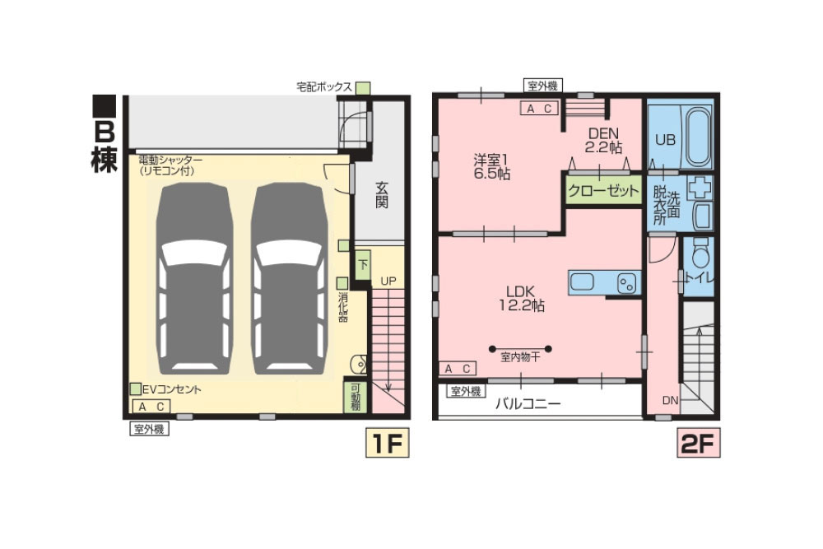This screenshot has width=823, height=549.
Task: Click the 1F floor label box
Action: click(x=388, y=443)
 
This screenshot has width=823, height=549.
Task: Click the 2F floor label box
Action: click(x=699, y=443)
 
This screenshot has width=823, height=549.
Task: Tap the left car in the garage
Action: click(x=195, y=279)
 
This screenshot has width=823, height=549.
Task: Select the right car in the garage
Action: click(x=290, y=279)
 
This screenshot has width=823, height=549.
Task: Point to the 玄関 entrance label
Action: click(x=382, y=195)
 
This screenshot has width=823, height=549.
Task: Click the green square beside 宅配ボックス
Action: click(x=363, y=87)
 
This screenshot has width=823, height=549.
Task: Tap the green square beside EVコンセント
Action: click(x=136, y=389)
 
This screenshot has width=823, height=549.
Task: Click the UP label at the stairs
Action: click(x=388, y=281)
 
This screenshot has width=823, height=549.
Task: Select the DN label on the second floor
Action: click(x=670, y=401)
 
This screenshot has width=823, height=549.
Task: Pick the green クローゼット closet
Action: click(x=603, y=190)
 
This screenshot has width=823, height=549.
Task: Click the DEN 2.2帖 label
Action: click(x=603, y=140)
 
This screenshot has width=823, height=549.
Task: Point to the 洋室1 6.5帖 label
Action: click(x=492, y=166)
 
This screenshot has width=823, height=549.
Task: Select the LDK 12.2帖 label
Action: click(x=521, y=298)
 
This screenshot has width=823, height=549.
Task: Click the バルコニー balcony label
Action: click(x=528, y=403)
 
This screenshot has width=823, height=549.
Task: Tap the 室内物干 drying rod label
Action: click(x=520, y=358)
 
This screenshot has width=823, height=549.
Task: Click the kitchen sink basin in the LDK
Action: click(x=582, y=282)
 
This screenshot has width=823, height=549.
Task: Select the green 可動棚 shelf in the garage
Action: click(x=356, y=396)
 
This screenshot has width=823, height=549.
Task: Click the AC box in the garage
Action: click(x=152, y=407)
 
